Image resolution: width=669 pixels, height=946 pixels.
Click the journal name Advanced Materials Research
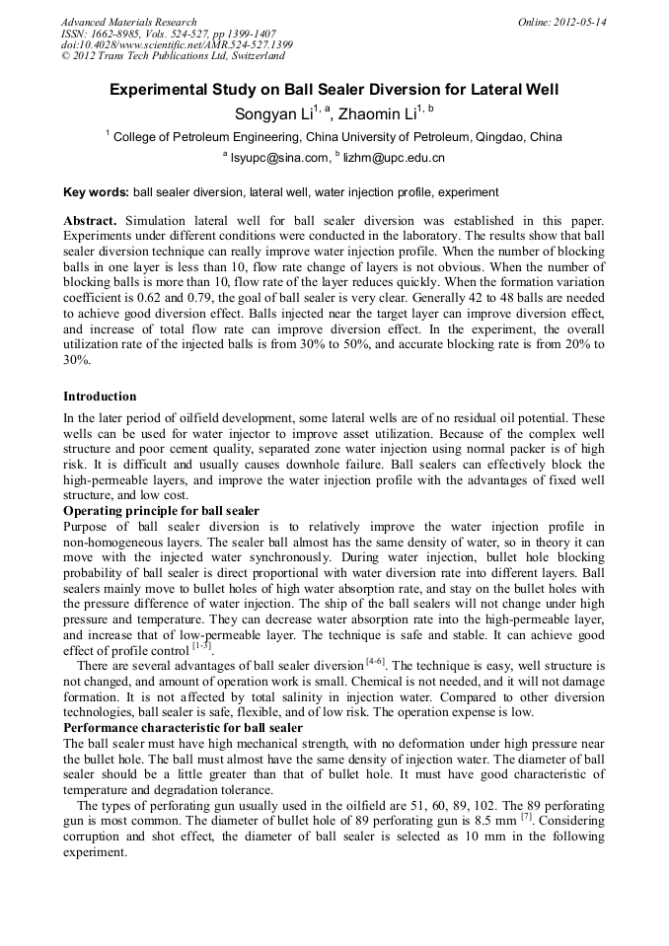128,22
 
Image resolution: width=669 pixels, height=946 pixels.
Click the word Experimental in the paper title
159,90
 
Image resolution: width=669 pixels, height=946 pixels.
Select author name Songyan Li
272,114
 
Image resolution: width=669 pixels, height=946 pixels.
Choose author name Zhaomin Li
375,114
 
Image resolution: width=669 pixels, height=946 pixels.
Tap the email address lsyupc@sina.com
278,158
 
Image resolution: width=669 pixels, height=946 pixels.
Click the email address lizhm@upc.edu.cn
394,158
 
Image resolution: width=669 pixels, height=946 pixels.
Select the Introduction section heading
100,397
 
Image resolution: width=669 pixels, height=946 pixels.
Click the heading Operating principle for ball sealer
161,511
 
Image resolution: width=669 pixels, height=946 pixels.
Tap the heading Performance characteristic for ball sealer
183,727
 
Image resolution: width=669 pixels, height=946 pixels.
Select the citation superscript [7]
526,816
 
